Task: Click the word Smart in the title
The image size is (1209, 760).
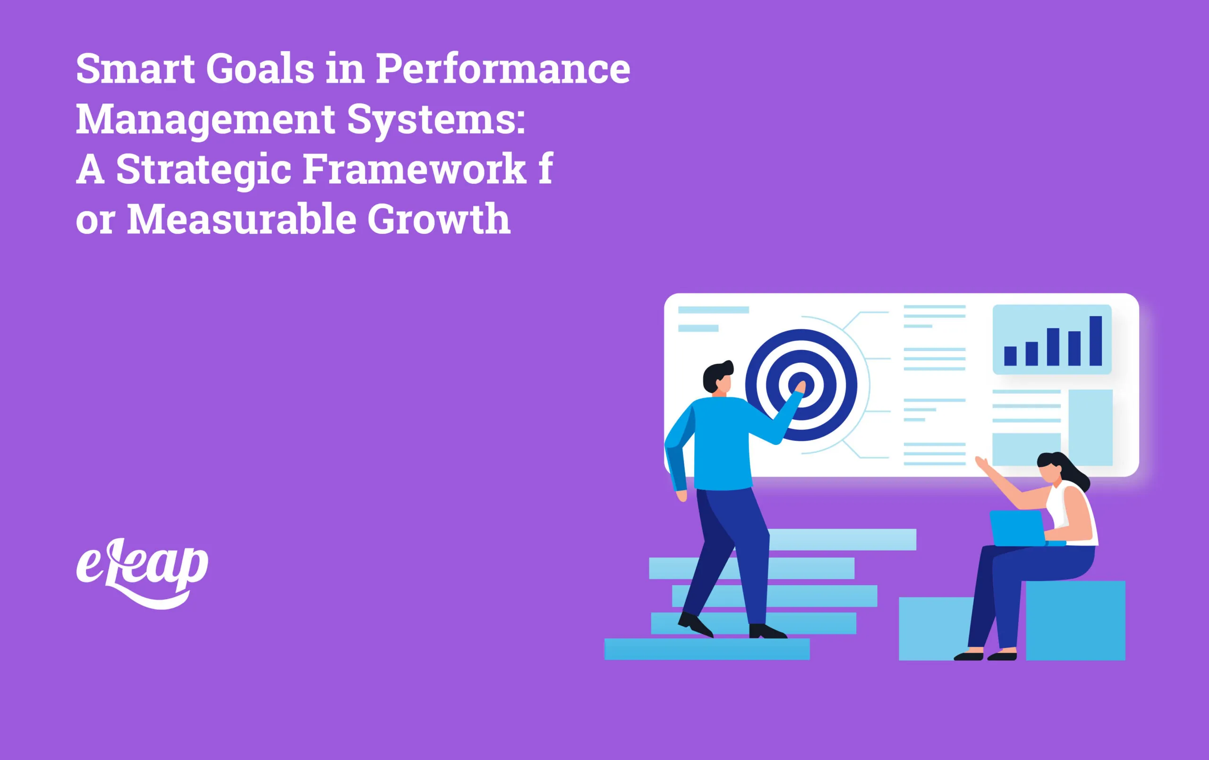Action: [x=135, y=69]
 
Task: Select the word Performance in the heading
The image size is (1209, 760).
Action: [x=502, y=69]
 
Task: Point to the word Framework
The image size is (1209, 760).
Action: [x=414, y=169]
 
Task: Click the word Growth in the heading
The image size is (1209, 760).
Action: [x=439, y=220]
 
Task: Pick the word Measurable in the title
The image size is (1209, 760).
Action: [x=241, y=220]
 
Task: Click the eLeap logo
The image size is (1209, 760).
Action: [x=142, y=572]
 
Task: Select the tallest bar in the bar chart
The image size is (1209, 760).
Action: [x=1096, y=341]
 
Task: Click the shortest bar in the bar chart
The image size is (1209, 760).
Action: [x=1010, y=356]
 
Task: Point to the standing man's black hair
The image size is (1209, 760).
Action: [x=715, y=374]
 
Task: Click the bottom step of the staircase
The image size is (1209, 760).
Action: [x=707, y=649]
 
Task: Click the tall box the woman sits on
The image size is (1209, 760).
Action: [x=1075, y=620]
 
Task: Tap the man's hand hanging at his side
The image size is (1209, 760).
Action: [x=681, y=496]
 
